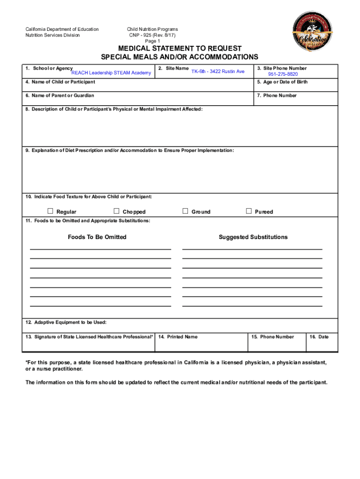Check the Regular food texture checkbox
point(50,211)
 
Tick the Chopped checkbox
point(117,211)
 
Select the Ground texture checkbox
point(186,211)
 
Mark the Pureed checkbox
point(249,211)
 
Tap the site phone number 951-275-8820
point(283,74)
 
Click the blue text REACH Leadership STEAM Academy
point(111,73)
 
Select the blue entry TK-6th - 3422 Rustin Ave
point(218,72)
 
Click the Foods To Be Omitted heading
point(97,237)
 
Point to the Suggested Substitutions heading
point(253,237)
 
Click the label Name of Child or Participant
point(60,82)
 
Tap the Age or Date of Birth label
point(282,82)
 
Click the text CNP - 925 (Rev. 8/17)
point(152,35)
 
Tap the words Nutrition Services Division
point(52,35)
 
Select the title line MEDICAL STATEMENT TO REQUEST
point(180,49)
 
